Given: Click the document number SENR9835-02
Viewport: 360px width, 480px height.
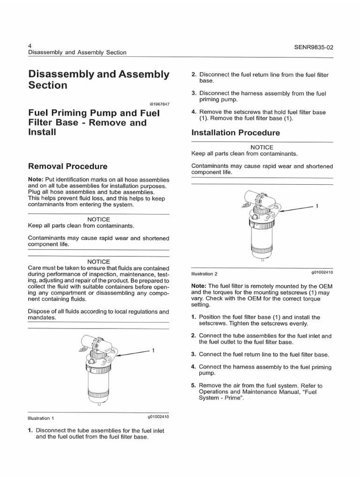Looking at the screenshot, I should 309,47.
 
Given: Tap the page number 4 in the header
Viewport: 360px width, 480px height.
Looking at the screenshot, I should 30,44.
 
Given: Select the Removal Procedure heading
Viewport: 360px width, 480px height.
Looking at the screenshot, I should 68,166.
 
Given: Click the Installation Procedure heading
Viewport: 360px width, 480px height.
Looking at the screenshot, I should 236,133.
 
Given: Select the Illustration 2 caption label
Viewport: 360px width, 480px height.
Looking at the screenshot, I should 204,273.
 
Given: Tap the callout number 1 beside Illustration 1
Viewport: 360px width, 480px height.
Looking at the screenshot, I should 154,350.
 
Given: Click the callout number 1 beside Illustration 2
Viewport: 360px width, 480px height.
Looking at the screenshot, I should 317,206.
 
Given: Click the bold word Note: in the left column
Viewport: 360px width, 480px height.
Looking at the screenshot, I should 36,180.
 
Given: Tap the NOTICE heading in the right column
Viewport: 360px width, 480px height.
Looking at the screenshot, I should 262,147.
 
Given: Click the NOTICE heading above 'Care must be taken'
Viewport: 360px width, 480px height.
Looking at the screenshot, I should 98,262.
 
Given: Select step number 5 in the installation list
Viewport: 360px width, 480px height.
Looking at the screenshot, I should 194,386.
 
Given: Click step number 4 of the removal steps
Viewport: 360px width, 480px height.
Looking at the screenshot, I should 194,112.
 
